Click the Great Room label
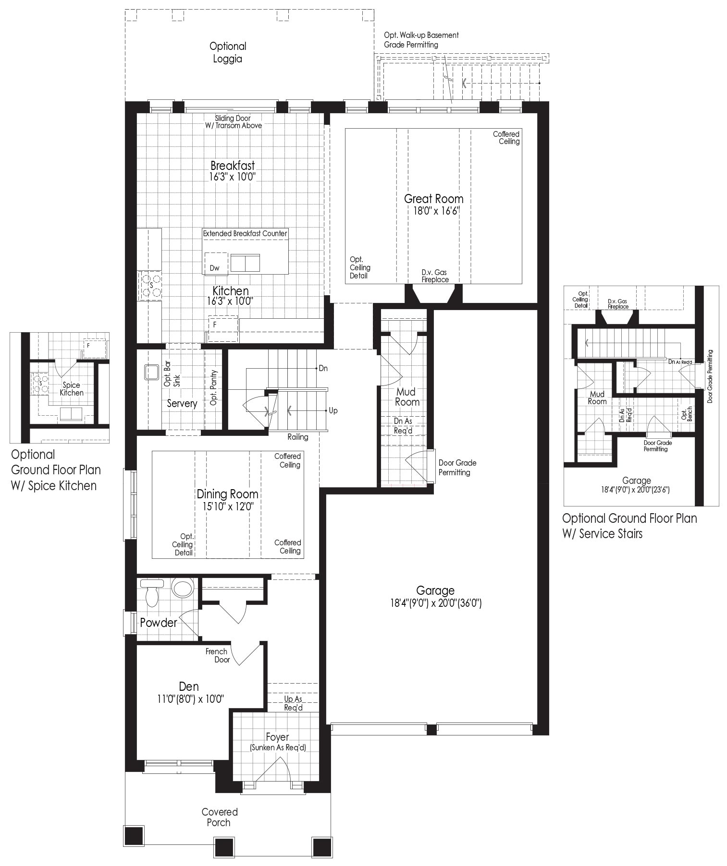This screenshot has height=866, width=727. pos(433,199)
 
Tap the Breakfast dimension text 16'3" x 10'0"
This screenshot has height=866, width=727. pos(232,177)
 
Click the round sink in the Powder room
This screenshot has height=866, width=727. pos(183,588)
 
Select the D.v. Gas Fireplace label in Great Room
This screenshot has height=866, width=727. pos(435,276)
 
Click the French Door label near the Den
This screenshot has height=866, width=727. pos(218,655)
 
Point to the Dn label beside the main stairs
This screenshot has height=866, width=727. pos(323,368)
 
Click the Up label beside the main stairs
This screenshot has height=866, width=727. pos(333,411)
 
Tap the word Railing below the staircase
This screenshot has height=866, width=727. pos(298,437)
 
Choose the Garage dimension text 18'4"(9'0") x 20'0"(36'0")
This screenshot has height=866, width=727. pos(436,603)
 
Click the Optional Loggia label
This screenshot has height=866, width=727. pos(228,52)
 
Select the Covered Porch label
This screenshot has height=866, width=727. pos(220,817)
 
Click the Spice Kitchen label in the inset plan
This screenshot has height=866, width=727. pos(72,389)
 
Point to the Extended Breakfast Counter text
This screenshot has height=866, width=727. pos(245,233)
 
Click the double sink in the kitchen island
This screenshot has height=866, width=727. pos(245,263)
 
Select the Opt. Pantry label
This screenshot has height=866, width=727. pos(214,387)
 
